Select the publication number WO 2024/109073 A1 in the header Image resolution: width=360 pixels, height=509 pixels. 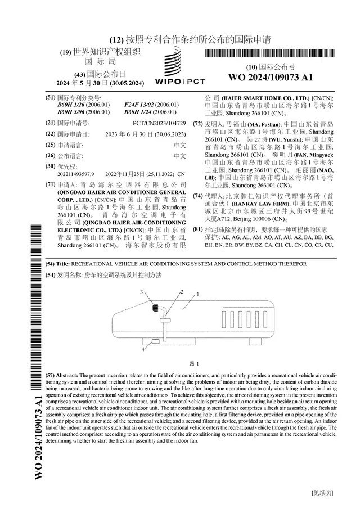271,77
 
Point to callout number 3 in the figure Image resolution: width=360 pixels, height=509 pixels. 142,292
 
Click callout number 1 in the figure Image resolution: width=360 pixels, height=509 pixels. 197,295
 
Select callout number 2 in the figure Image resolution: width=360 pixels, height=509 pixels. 182,292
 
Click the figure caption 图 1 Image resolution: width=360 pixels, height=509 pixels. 195,363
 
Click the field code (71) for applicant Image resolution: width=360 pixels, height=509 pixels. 51,184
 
